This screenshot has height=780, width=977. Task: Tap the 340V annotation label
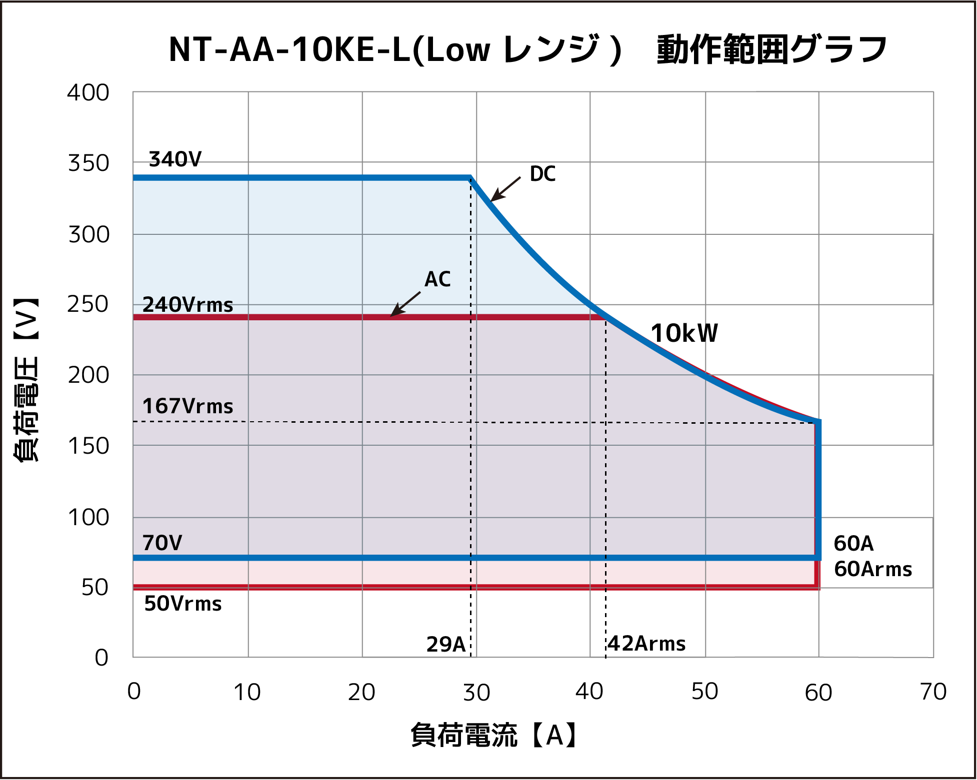click(175, 159)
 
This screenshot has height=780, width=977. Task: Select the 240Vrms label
click(187, 304)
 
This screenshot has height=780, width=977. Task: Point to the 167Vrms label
click(187, 406)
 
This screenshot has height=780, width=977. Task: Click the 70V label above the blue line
click(162, 543)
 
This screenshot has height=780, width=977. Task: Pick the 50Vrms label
click(182, 604)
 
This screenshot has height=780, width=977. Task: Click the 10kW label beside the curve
click(684, 333)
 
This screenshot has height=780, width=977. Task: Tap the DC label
click(542, 174)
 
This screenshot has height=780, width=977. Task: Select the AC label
click(437, 279)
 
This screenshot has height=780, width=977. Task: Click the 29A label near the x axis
click(445, 645)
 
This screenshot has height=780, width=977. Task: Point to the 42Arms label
click(646, 644)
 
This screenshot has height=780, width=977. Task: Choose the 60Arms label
click(873, 569)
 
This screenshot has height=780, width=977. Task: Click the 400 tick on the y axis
click(88, 93)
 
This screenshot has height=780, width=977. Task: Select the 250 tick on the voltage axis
click(88, 304)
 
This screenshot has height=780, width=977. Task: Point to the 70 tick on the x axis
click(933, 692)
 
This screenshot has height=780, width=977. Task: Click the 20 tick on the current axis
click(361, 693)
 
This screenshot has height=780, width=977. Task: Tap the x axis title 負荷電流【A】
click(495, 736)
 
